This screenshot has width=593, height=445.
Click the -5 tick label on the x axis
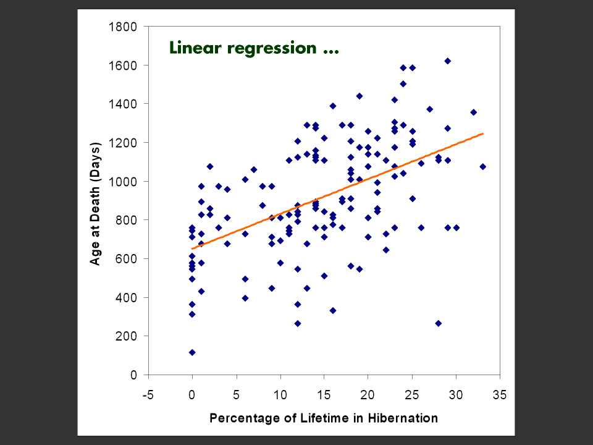(148, 395)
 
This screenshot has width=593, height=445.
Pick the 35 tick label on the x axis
(500, 395)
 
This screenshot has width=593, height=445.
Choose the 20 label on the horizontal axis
(368, 395)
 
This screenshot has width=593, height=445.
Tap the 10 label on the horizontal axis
(280, 395)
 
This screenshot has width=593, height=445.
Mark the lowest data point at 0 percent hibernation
(192, 352)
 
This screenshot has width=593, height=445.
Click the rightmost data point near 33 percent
(482, 167)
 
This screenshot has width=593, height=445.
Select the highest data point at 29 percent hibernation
(447, 61)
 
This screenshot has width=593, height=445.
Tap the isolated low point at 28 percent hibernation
(438, 323)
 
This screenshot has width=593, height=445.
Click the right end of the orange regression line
(482, 133)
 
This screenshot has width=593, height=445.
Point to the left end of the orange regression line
(192, 249)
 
